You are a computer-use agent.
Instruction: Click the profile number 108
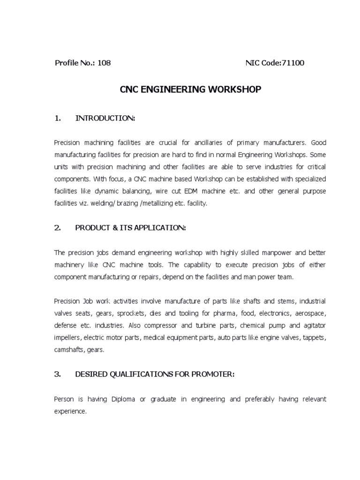104,63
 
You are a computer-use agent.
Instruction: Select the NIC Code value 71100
292,63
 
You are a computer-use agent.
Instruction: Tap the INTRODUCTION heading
105,119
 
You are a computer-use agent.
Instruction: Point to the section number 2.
57,228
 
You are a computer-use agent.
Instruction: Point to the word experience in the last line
70,411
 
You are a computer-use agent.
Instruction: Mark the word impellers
67,337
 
